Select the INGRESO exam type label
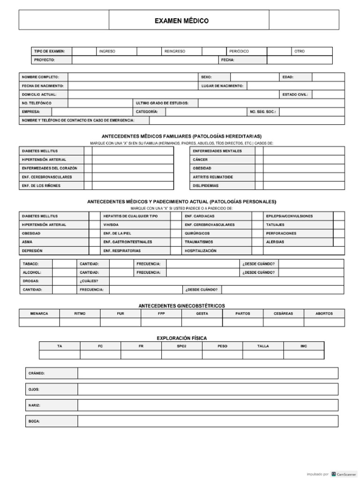coord(107,51)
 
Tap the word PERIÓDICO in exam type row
coord(239,51)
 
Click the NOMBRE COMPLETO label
coord(40,77)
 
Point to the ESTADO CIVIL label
coord(295,94)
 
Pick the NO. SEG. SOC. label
coord(263,112)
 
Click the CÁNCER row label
coord(200,160)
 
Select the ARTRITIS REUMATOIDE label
coord(213,177)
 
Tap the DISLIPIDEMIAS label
coord(205,186)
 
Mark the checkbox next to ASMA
coord(95,242)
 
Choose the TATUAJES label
coord(275,225)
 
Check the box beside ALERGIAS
coord(338,242)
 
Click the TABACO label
coord(31,263)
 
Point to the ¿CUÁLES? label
coord(89,281)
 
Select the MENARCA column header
coord(39,314)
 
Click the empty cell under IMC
coord(303,354)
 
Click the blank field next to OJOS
coord(207,390)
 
